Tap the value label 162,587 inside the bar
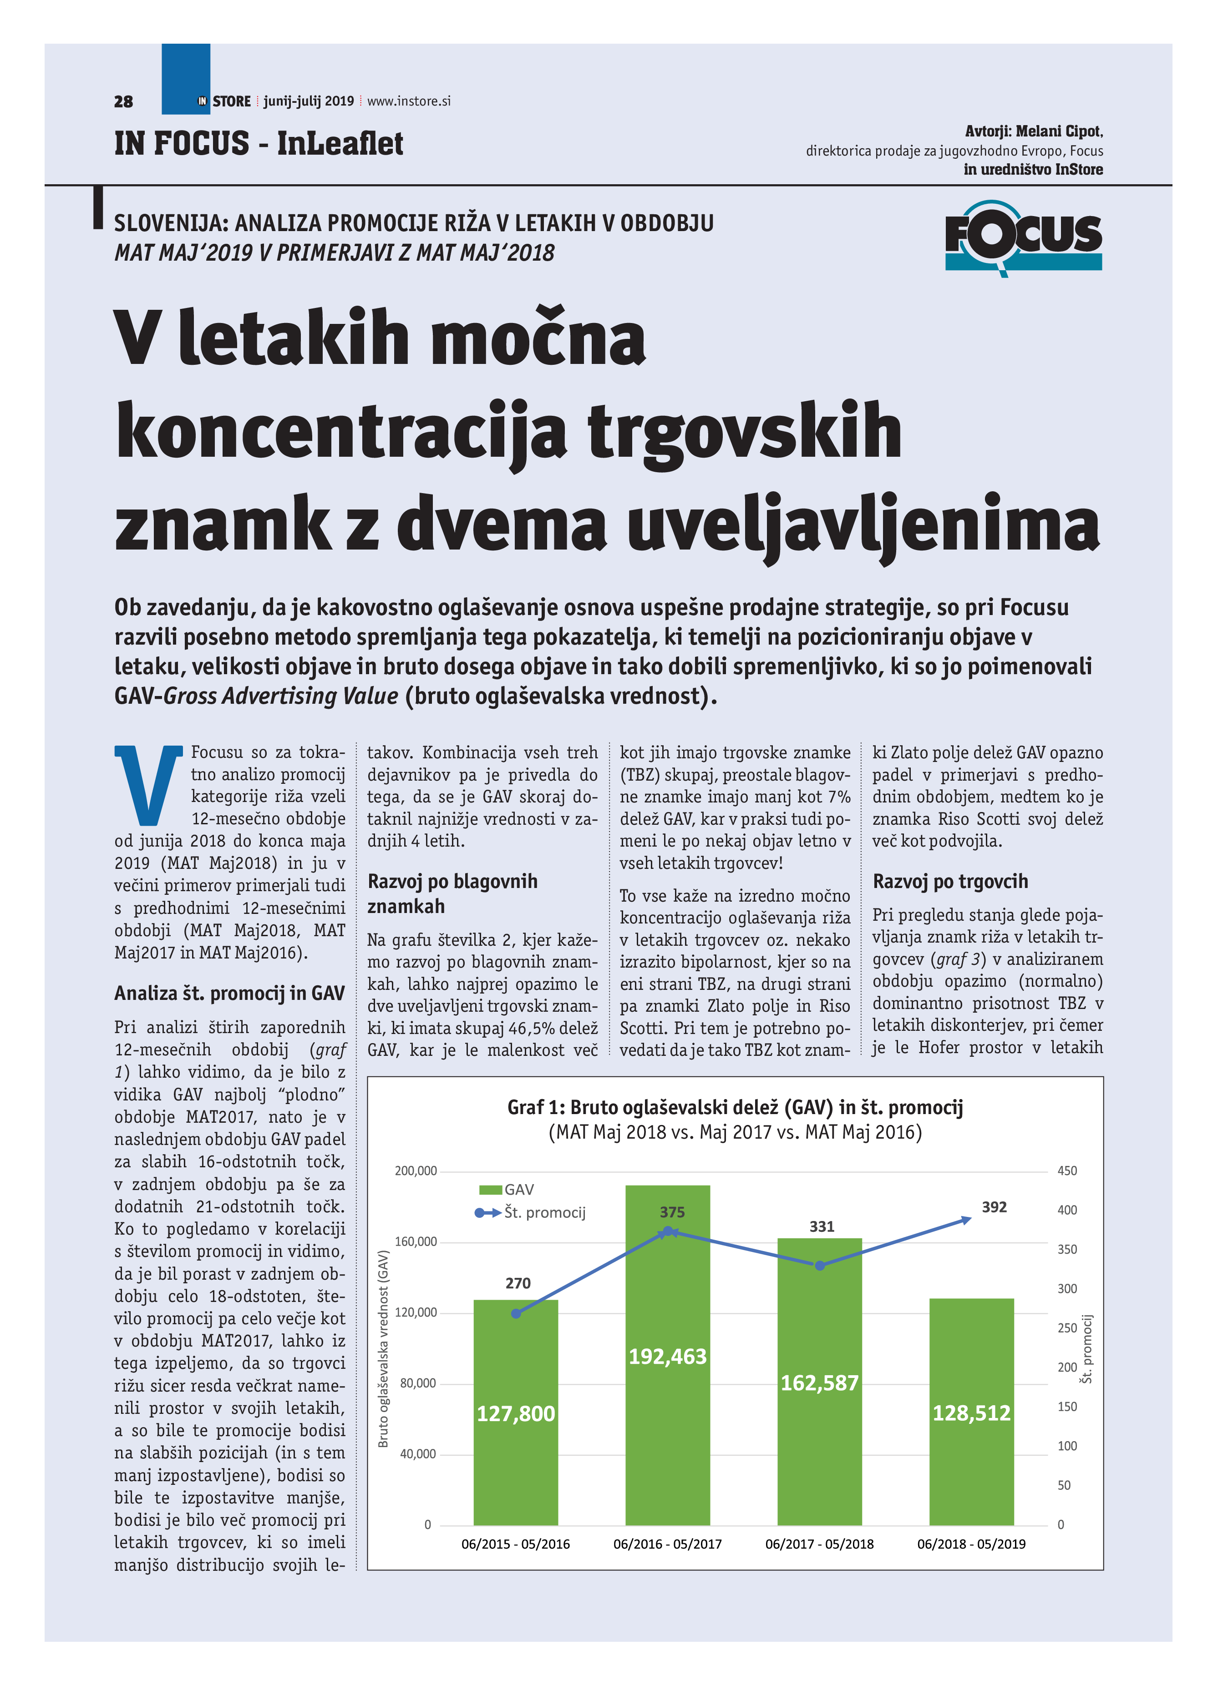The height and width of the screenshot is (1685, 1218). point(819,1382)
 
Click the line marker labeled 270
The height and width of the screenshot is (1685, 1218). point(517,1313)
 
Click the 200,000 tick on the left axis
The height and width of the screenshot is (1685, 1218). point(416,1171)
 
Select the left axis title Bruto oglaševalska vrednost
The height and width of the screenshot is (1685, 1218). point(383,1348)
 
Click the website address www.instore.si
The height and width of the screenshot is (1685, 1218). point(409,101)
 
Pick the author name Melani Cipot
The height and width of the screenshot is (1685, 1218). point(1058,131)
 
